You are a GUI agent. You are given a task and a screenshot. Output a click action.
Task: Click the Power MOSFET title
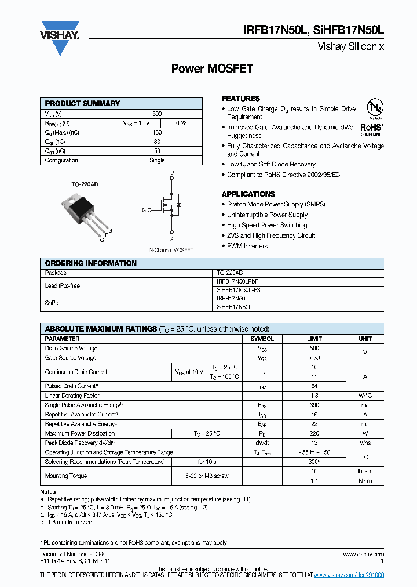(x=212, y=68)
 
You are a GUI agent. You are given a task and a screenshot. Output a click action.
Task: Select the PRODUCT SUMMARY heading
(x=83, y=103)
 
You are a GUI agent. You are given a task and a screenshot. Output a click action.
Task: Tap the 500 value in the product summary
(x=157, y=114)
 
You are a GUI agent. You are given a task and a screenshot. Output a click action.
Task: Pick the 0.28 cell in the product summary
(x=181, y=123)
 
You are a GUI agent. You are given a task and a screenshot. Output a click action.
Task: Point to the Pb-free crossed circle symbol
(x=375, y=107)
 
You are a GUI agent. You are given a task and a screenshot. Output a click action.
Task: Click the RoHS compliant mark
(x=371, y=129)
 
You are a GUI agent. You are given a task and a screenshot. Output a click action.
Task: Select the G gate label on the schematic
(x=144, y=209)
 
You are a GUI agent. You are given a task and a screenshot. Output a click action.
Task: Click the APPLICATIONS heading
(x=248, y=194)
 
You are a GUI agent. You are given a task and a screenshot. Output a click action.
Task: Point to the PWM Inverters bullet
(x=247, y=246)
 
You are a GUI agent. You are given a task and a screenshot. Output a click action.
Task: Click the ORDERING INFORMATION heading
(x=91, y=263)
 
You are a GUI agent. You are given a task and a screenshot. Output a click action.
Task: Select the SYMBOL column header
(x=262, y=339)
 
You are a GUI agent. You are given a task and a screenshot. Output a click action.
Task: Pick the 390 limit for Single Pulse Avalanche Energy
(x=314, y=405)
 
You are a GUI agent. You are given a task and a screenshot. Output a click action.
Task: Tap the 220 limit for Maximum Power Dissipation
(x=314, y=433)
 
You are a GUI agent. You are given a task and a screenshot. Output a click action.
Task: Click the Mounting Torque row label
(x=66, y=476)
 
